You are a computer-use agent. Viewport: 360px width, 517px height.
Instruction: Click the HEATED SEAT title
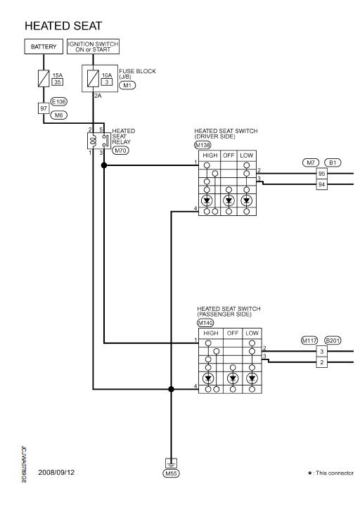[63, 26]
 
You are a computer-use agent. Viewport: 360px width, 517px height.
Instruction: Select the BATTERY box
[44, 46]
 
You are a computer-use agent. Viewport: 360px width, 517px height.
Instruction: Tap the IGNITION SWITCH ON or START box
[93, 46]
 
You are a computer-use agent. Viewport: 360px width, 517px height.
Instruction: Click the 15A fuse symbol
[44, 79]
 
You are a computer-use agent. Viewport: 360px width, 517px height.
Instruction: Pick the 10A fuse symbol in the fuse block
[93, 79]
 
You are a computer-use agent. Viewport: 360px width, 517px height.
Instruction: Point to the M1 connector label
[127, 85]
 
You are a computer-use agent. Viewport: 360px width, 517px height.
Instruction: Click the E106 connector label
[59, 101]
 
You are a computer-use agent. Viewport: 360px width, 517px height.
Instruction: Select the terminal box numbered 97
[44, 108]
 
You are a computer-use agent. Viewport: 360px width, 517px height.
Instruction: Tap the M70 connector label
[121, 151]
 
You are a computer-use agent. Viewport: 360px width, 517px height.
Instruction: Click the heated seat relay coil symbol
[94, 141]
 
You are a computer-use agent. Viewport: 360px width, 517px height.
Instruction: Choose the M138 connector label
[202, 145]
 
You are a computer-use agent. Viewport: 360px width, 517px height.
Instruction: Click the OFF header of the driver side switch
[229, 155]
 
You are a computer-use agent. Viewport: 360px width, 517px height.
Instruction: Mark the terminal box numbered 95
[322, 174]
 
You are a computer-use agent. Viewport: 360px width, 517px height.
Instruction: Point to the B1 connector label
[333, 162]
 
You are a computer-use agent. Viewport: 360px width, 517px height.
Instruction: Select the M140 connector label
[205, 323]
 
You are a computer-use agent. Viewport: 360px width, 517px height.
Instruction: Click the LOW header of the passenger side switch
[252, 333]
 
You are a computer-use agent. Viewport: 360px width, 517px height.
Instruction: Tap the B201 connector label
[333, 340]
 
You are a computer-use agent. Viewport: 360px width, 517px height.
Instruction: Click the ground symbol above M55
[171, 464]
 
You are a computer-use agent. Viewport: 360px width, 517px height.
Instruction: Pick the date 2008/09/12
[56, 472]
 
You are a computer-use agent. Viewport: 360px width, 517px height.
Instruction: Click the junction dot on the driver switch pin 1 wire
[104, 165]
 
